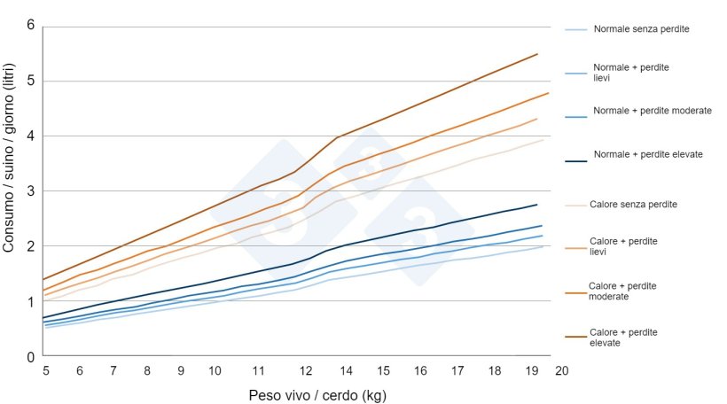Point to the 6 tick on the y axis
(x=30, y=25)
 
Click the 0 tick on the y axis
(x=30, y=356)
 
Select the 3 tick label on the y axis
(x=30, y=190)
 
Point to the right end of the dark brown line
(x=538, y=54)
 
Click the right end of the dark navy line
(x=538, y=205)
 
